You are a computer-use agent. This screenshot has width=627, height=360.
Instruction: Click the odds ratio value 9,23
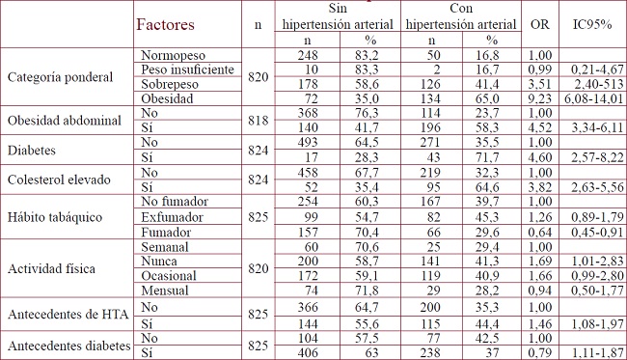[x=540, y=99]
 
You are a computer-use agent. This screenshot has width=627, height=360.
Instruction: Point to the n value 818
[x=256, y=122]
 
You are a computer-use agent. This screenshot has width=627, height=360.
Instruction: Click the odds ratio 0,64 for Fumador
[x=540, y=233]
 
